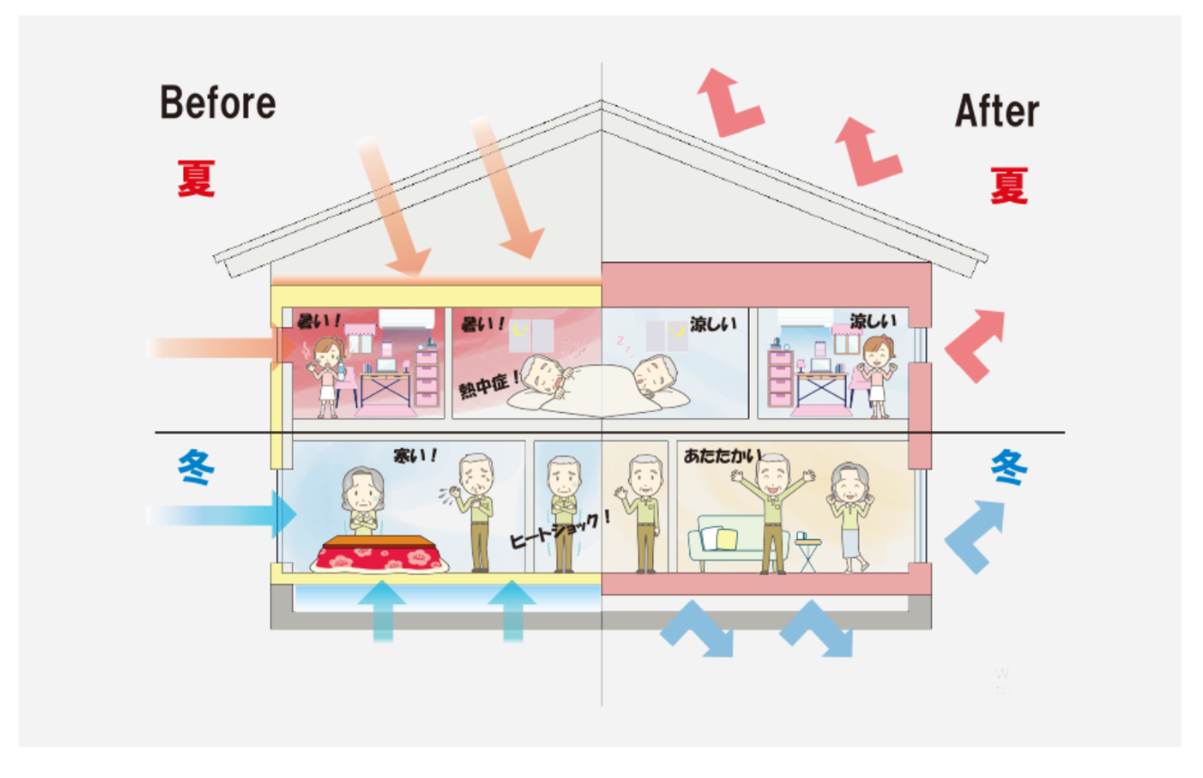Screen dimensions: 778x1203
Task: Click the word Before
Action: (217, 103)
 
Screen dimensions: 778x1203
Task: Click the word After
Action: (996, 112)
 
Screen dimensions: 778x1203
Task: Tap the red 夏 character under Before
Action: (196, 178)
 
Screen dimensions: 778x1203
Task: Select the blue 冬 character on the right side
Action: (1008, 468)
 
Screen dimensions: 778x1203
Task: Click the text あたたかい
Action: (722, 455)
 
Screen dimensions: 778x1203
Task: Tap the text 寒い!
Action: (415, 454)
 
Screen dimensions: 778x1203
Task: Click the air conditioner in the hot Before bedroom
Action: (406, 318)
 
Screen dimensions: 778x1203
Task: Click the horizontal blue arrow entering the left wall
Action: (221, 515)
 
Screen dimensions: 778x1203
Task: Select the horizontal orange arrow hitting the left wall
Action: (216, 347)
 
